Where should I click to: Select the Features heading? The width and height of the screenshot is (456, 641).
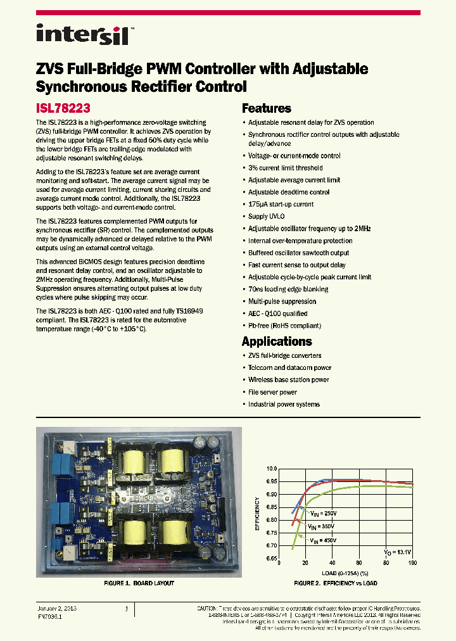(267, 108)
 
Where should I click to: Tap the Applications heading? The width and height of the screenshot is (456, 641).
(277, 341)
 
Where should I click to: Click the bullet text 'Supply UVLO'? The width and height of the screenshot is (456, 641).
(267, 217)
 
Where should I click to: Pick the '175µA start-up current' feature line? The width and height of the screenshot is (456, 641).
(281, 205)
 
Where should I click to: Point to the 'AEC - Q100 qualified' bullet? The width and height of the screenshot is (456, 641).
(277, 314)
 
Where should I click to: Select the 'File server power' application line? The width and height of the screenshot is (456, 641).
(272, 392)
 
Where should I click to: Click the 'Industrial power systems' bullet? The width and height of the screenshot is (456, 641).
(284, 404)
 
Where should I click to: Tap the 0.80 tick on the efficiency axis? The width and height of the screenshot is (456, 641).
(272, 520)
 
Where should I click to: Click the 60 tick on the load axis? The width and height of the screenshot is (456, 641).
(359, 563)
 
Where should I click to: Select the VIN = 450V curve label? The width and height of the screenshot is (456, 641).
(322, 540)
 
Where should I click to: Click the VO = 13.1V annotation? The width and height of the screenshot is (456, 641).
(397, 552)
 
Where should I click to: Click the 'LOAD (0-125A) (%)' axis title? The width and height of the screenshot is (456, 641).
(346, 573)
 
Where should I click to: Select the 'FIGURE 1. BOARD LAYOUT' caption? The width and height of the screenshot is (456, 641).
(139, 583)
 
